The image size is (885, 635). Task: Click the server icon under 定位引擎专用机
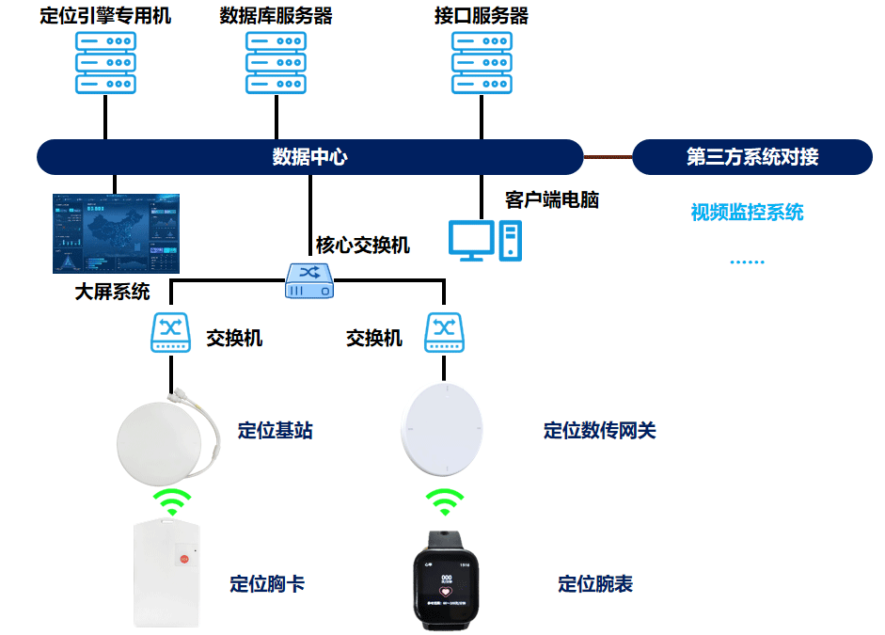pos(105,63)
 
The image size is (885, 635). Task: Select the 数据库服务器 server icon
pos(276,63)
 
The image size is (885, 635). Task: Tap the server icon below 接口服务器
pos(482,63)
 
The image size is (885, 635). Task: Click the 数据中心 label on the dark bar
pos(309,157)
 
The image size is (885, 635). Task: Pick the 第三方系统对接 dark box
pos(751,157)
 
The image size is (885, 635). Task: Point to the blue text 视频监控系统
pos(747,212)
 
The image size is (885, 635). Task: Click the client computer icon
pos(484,241)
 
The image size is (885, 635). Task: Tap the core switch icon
pos(310,281)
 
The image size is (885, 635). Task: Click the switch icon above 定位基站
pos(171,333)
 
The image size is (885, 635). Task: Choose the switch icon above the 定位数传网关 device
pos(443,333)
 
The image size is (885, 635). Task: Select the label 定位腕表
pos(595,584)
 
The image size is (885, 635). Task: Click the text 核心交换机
pos(363,246)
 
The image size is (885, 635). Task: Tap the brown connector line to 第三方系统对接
pos(608,156)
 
